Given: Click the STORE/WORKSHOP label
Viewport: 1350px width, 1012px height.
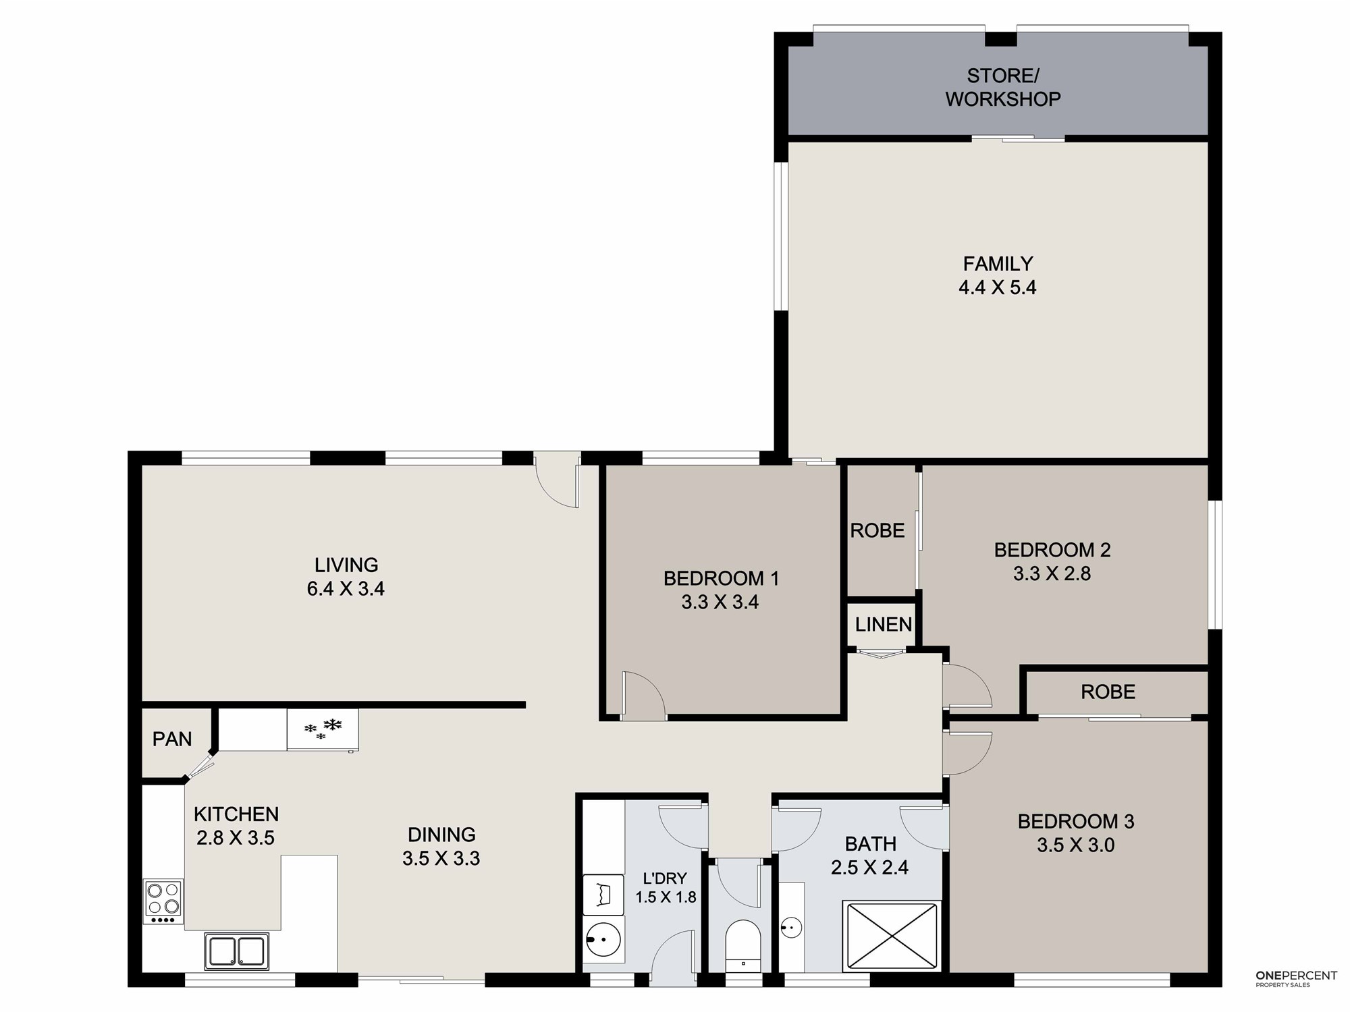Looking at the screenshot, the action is (x=1002, y=87).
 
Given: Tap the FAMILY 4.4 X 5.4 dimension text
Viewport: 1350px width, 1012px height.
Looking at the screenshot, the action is (x=998, y=287).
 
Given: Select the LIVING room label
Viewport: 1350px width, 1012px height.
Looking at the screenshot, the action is (x=346, y=565).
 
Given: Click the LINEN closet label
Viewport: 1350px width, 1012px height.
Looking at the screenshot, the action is (x=883, y=625).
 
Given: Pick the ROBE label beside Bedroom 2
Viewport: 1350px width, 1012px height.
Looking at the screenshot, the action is (x=877, y=531).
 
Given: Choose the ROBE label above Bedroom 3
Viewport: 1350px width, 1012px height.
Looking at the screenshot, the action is (x=1108, y=692).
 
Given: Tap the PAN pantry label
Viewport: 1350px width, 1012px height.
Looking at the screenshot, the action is (x=172, y=739).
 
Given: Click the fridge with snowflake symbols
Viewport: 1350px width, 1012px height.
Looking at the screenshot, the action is (x=323, y=729).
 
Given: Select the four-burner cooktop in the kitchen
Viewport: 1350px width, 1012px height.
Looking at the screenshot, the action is (x=163, y=901).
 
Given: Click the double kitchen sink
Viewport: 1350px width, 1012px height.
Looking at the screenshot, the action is (x=237, y=951).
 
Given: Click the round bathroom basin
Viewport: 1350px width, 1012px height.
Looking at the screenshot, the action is (x=791, y=928).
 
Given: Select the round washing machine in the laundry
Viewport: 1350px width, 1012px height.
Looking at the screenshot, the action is (x=603, y=938).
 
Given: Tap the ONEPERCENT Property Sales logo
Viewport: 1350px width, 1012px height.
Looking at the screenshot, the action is (x=1296, y=980).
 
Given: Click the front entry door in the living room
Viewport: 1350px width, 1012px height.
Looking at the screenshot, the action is (x=558, y=480).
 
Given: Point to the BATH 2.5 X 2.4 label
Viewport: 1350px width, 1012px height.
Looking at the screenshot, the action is (x=870, y=855).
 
